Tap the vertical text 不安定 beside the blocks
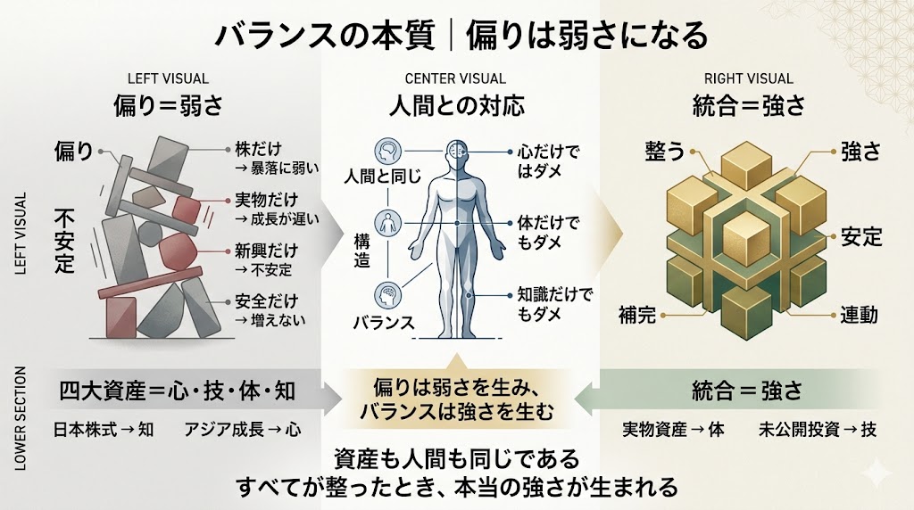[64, 240]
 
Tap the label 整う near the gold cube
[664, 151]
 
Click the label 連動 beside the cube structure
[860, 314]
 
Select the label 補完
[639, 314]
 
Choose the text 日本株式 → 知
[104, 429]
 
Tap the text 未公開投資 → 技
[818, 429]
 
